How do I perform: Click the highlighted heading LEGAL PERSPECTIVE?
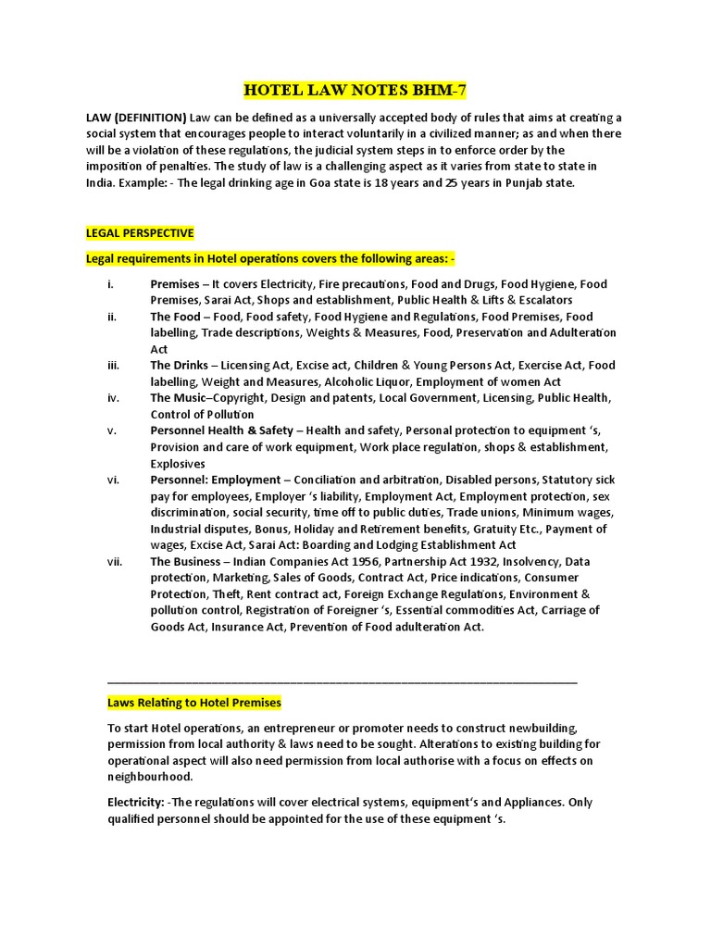[x=140, y=232]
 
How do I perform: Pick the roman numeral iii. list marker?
[x=113, y=365]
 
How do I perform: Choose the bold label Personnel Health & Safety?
[x=222, y=430]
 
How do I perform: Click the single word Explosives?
[x=178, y=463]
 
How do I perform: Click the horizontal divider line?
[x=343, y=682]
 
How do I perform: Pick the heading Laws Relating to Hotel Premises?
[x=194, y=704]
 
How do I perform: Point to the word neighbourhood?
[x=150, y=777]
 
